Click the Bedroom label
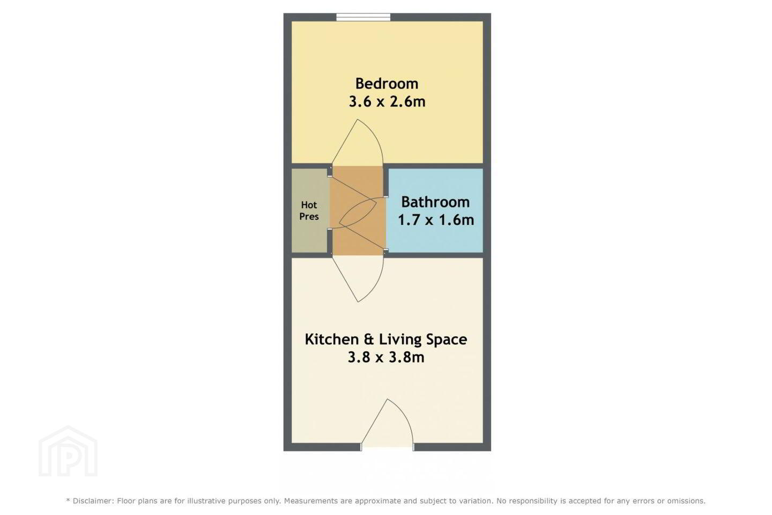pos(387,84)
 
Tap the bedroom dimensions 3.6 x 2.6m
pos(387,102)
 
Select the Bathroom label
pos(435,202)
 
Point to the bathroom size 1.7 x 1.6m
pos(436,220)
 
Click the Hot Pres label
pos(309,211)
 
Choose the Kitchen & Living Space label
pos(386,340)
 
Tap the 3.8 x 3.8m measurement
pos(386,357)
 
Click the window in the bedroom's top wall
pos(363,17)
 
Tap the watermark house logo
pos(68,451)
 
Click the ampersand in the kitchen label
pos(369,340)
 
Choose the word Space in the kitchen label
pos(447,340)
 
